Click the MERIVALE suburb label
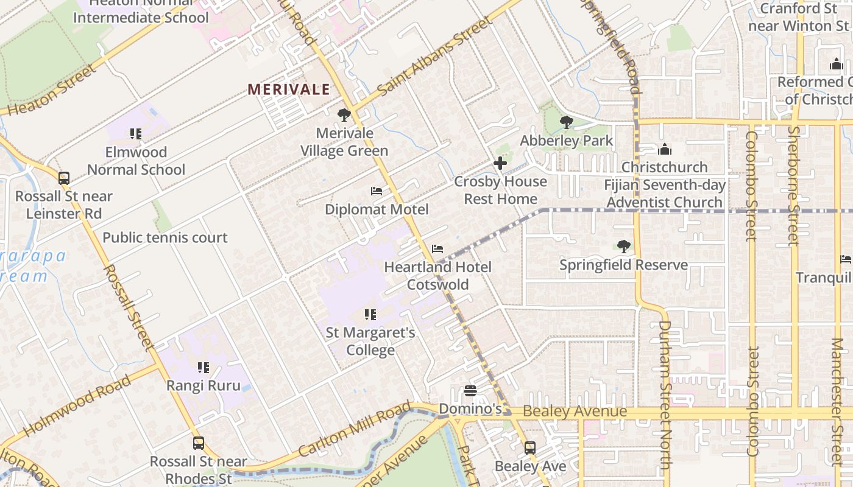point(289,89)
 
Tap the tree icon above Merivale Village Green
point(344,114)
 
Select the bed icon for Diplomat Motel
point(377,191)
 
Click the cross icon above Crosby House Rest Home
point(500,163)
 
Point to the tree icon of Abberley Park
point(567,122)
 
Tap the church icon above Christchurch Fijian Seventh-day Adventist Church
point(665,149)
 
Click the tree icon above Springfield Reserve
point(623,247)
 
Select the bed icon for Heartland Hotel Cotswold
point(437,249)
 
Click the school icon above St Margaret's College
point(370,315)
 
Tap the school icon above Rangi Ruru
point(204,368)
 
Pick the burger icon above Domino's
point(470,390)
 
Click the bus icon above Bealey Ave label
point(530,448)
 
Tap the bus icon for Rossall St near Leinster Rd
point(64,178)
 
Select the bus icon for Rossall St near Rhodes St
point(199,443)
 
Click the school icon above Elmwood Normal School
point(136,133)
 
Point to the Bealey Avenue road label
point(575,412)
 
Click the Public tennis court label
point(165,237)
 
